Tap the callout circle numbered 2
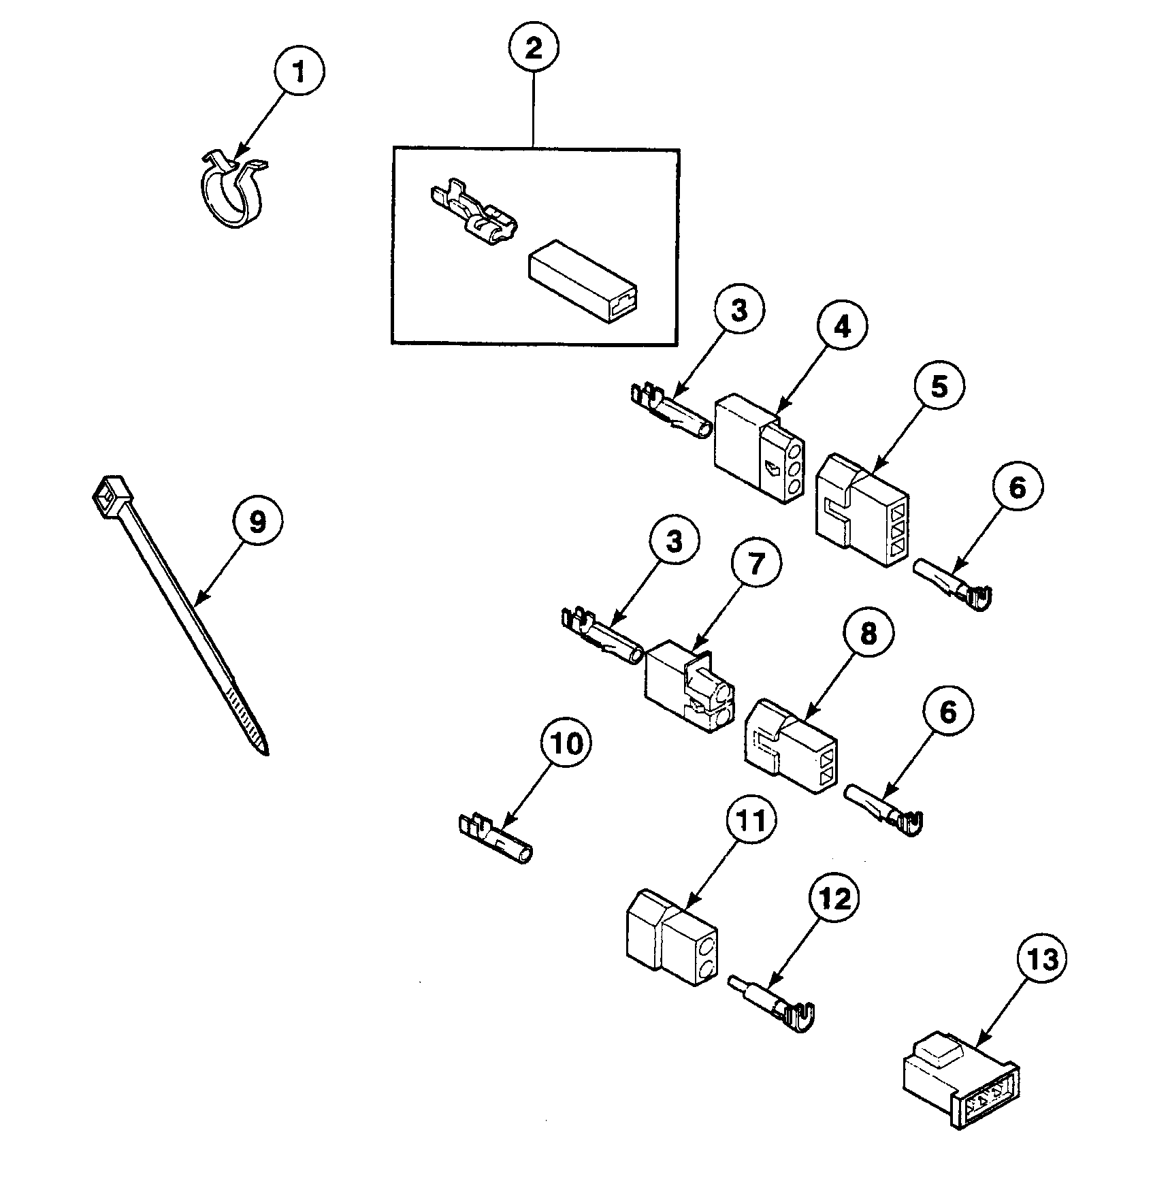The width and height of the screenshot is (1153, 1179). (x=534, y=48)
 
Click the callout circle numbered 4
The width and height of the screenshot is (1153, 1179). (x=843, y=327)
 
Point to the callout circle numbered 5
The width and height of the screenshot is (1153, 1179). (x=939, y=387)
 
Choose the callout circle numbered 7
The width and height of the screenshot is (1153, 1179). (x=757, y=564)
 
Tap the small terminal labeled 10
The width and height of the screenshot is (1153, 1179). (x=495, y=838)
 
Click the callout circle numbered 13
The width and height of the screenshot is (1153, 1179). (x=1043, y=959)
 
